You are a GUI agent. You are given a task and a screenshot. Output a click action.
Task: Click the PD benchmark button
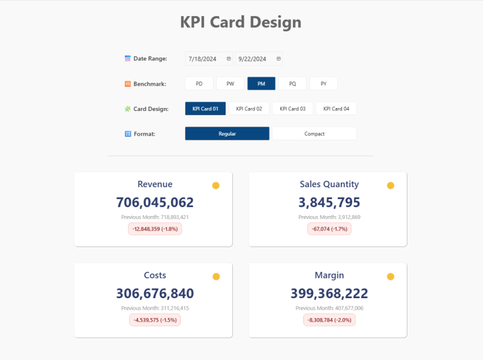pos(199,83)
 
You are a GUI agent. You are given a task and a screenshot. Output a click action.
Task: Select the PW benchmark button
pos(230,83)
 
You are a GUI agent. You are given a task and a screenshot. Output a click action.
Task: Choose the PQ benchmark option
pos(292,83)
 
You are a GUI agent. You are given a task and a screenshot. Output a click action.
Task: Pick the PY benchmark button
pos(323,83)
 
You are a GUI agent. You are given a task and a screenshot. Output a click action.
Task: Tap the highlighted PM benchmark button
pos(261,83)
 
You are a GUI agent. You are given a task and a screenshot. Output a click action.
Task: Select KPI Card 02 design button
pos(249,109)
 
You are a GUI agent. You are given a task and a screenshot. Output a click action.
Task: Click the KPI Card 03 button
pos(292,109)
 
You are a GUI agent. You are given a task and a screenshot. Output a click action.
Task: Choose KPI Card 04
pos(336,109)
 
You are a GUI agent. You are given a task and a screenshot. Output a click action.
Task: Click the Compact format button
pos(314,134)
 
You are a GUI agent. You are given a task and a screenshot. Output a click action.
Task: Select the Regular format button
pos(227,134)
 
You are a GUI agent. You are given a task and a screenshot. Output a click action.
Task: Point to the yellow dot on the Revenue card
pos(216,185)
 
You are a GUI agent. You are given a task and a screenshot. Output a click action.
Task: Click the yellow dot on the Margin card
pos(391,277)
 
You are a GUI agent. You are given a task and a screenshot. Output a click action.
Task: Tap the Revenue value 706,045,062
pos(155,202)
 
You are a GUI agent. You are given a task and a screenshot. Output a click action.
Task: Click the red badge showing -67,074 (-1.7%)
pos(329,229)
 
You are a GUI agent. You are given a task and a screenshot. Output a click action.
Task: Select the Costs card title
pos(155,275)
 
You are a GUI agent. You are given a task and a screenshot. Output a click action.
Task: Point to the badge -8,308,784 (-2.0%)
pos(329,320)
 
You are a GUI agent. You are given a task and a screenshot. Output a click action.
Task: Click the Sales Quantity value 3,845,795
pos(329,202)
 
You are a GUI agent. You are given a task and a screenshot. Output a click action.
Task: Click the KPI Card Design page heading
pos(241,23)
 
